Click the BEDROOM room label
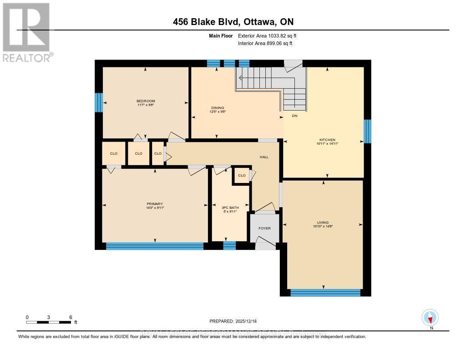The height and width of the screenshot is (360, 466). point(146,101)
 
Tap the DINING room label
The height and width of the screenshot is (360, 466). point(216,107)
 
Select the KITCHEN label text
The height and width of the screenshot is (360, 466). point(327,140)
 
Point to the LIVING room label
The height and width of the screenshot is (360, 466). point(323,223)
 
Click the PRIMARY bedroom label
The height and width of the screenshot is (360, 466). point(155,204)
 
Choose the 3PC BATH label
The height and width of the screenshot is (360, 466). point(230,208)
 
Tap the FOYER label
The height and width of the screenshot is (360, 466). point(264,228)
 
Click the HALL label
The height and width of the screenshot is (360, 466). point(264,157)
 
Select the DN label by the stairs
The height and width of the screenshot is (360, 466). point(294,116)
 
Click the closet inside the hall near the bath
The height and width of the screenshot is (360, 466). point(242,175)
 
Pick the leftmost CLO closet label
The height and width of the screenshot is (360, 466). point(114,153)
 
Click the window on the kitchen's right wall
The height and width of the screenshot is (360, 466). point(367,132)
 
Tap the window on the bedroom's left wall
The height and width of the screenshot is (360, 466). point(98,102)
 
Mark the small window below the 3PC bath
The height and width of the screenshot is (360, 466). point(229,246)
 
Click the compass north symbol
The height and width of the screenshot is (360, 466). point(430,317)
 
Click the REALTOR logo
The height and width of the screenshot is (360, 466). point(26,32)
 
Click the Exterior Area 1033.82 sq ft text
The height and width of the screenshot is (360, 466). point(267,35)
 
